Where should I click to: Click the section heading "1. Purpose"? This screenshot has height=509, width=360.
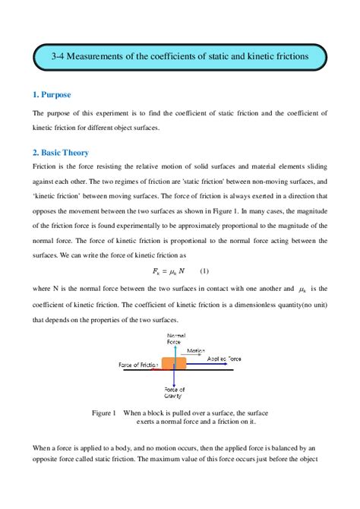[x=52, y=95]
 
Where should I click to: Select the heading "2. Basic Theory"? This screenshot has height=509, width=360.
[x=61, y=152]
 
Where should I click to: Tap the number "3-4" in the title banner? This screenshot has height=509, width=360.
[x=61, y=56]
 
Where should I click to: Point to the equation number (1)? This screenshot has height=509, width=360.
[x=204, y=271]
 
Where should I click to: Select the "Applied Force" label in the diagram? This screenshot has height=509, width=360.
[x=225, y=358]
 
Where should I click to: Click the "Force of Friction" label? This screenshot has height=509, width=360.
[x=138, y=365]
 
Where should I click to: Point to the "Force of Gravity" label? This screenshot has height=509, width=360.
[x=175, y=393]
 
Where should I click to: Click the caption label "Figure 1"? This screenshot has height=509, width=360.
[x=103, y=413]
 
